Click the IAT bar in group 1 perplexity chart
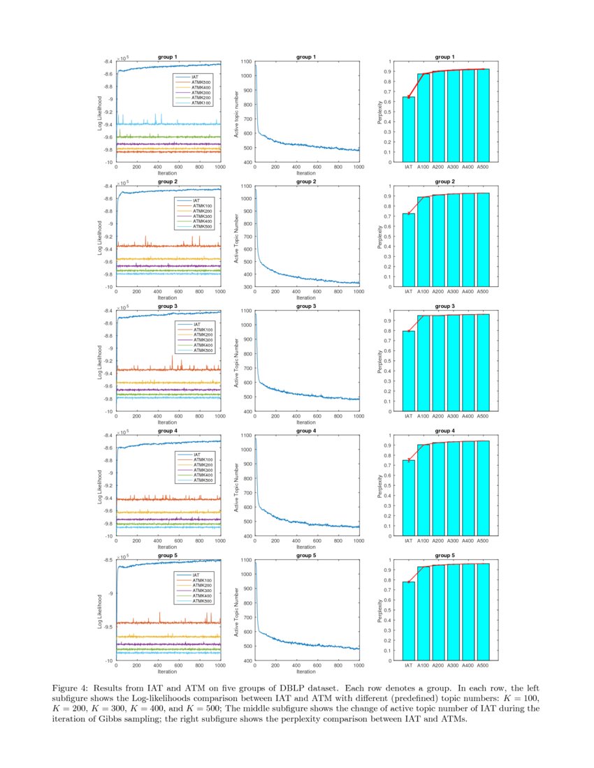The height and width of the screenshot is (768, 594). tap(409, 129)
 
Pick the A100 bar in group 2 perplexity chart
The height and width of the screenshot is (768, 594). tap(423, 241)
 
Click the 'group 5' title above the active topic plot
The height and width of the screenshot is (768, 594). tap(305, 555)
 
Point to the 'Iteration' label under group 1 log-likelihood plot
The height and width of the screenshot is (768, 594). tap(167, 173)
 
